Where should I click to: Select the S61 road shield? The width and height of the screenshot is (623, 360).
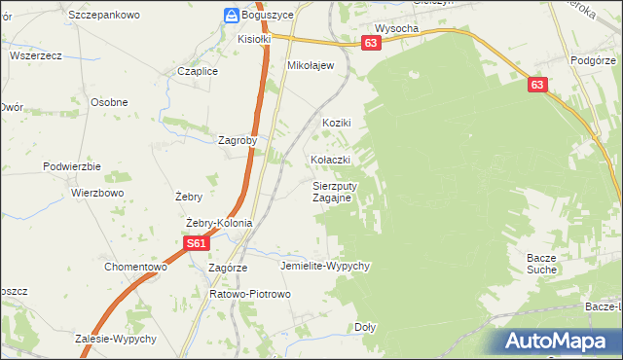coord(196,244)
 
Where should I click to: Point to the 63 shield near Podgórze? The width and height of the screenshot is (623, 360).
coord(538,86)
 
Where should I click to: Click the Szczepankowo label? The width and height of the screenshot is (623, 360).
coord(105,16)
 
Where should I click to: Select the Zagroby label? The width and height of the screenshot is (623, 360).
coord(238,139)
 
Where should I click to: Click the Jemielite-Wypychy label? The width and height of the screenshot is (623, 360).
coord(325,266)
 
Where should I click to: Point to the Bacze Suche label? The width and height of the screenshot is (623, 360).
coord(540,263)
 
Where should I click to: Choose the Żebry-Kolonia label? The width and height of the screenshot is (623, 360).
coord(219,223)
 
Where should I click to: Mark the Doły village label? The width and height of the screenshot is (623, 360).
coord(365,328)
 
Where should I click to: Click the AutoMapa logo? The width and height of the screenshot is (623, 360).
coord(560,342)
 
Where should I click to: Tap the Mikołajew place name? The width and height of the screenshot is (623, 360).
coord(311,66)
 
